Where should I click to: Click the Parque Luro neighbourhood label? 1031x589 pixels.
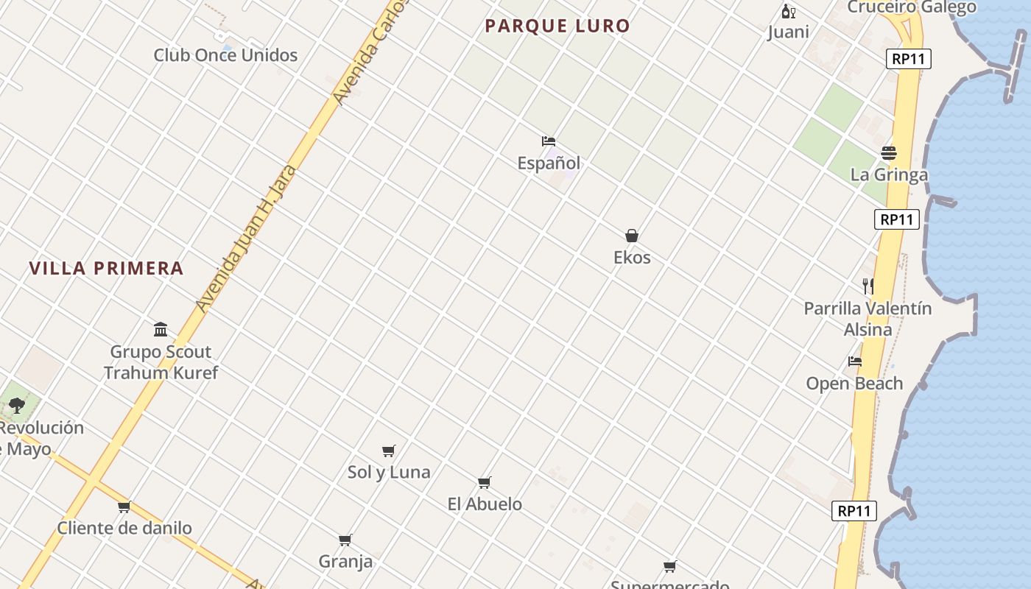coord(557,26)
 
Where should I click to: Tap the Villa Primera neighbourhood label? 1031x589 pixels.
coord(106,268)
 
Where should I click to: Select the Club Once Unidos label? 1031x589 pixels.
coord(225,55)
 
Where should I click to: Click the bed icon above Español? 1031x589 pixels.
coord(548,141)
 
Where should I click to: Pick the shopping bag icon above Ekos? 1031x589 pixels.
coord(632,236)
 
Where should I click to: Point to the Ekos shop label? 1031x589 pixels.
coord(632,258)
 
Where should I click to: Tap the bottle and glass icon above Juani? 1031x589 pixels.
coord(788,11)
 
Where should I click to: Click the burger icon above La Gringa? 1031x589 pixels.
coord(889,153)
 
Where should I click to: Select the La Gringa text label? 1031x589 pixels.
coord(889,175)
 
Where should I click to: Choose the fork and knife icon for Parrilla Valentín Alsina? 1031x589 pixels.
coord(868,286)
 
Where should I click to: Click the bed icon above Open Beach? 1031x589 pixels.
coord(854,361)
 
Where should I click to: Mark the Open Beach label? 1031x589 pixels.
coord(854,384)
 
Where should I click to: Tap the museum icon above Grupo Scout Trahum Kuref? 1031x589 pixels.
coord(161,329)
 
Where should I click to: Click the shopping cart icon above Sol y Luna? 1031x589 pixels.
coord(389,451)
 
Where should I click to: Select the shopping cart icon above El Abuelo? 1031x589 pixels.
coord(485,483)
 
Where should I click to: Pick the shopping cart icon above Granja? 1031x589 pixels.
coord(345,540)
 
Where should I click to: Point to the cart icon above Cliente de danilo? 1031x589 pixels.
coord(124,507)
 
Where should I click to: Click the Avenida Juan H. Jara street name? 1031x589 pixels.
coord(247,238)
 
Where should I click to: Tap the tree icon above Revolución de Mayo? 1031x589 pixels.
coord(17,405)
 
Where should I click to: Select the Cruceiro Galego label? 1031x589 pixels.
coord(912,7)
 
